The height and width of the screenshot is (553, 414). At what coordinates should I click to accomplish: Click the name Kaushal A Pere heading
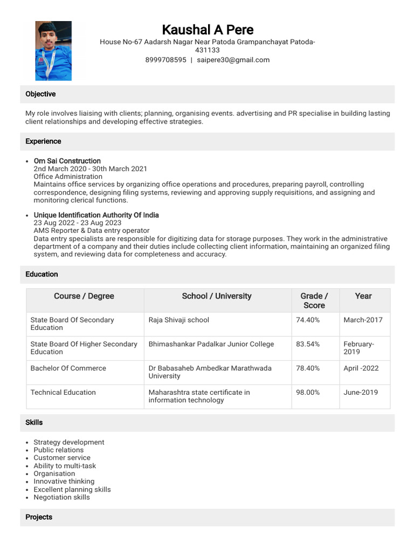208,29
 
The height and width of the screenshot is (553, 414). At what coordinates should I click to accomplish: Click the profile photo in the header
53,51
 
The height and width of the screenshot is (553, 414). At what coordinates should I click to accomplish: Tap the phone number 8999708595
165,60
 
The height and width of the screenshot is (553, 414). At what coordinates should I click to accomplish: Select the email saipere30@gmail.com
233,60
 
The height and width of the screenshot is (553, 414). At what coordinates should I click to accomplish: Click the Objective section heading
40,94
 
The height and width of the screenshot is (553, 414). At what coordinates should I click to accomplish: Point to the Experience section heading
43,141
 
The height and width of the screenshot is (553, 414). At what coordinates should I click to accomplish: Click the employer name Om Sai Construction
67,161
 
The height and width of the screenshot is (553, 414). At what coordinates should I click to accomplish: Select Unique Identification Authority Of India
96,215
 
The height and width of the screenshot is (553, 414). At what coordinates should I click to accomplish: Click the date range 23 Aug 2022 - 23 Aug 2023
77,223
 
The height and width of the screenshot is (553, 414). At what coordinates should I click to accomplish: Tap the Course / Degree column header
84,296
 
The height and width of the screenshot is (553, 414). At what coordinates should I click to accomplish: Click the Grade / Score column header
314,300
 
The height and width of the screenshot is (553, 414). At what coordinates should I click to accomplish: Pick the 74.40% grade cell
308,320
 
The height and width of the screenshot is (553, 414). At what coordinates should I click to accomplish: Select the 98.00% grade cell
308,393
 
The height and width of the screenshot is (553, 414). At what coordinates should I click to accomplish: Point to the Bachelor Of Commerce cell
68,368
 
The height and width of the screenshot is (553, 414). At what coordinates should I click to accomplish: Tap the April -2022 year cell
361,368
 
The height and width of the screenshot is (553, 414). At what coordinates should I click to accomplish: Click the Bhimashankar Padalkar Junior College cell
211,344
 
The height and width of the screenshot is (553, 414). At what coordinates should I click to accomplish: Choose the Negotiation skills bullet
61,497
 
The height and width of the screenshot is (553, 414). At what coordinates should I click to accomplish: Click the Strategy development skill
68,442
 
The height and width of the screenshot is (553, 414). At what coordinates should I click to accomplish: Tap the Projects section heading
39,517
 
